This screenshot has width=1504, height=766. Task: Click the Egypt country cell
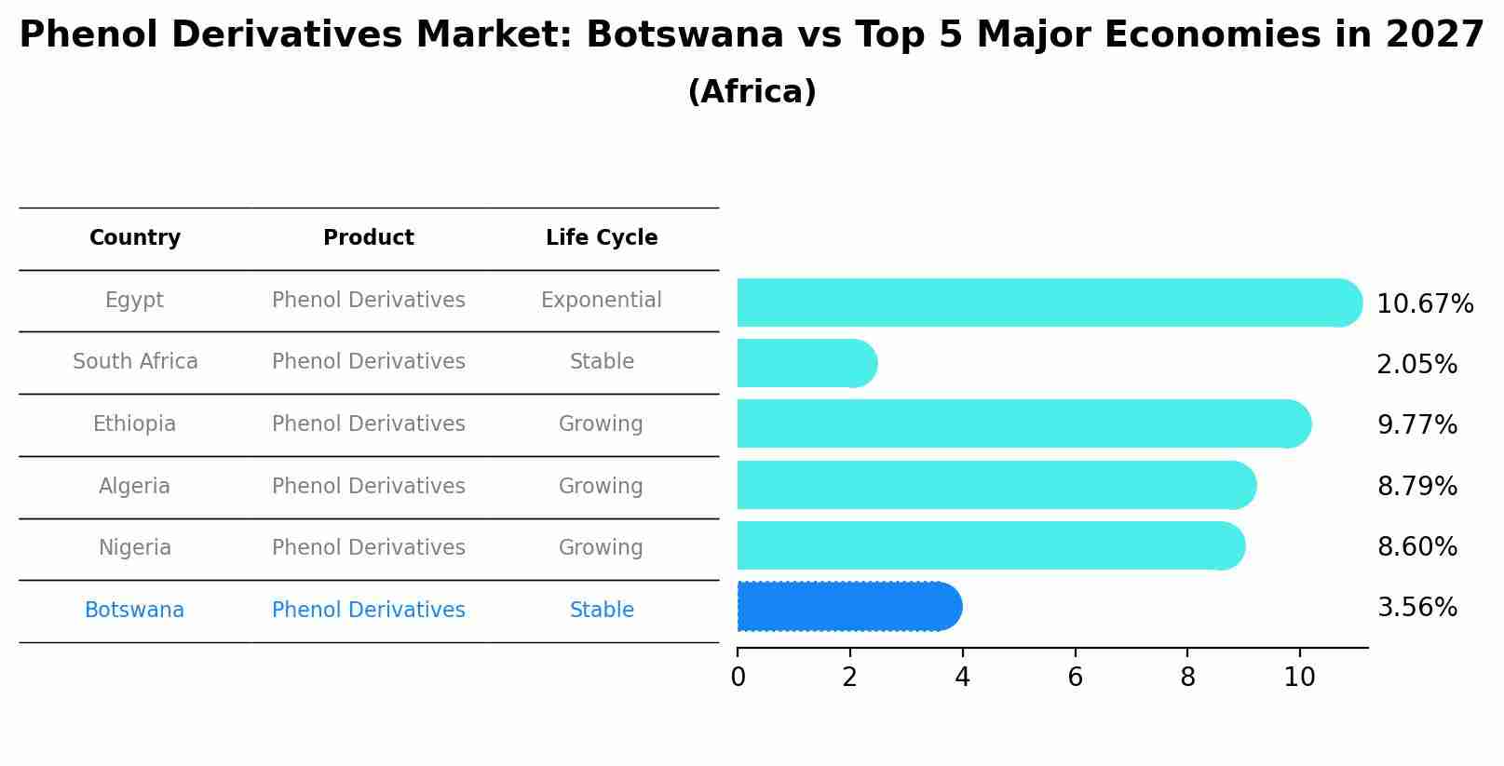tap(134, 301)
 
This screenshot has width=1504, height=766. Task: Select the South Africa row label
tap(135, 362)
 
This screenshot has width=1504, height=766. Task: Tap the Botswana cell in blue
tap(134, 611)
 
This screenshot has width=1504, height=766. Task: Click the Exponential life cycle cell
tap(601, 301)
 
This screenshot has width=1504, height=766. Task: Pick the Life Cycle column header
tap(601, 238)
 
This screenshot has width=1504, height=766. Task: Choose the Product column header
tap(368, 238)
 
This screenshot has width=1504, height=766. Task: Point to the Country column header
tap(134, 238)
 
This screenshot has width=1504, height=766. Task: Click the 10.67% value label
tap(1424, 304)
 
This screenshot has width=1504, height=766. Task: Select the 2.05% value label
tap(1416, 365)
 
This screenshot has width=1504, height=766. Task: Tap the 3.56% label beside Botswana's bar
tap(1416, 608)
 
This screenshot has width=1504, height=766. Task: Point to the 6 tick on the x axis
tap(1075, 677)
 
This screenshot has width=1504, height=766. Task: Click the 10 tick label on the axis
tap(1299, 677)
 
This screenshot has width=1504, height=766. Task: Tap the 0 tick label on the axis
tap(738, 677)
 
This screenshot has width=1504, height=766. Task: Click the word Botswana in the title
tap(684, 36)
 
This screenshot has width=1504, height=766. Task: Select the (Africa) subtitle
tap(752, 92)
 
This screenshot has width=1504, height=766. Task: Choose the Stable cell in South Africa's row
tap(601, 362)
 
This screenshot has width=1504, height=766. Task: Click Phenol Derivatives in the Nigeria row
tap(368, 548)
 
